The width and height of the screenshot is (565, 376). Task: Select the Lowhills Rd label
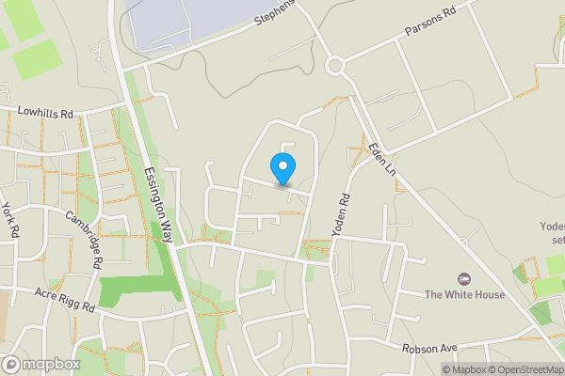(x=37, y=113)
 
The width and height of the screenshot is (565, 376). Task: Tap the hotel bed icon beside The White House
(x=463, y=279)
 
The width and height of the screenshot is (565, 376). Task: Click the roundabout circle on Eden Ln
(x=335, y=66)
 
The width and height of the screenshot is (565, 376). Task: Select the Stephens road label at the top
(x=274, y=18)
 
